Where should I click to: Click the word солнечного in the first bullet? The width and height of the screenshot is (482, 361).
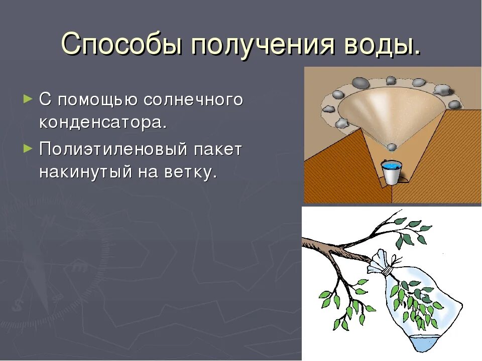point(193,100)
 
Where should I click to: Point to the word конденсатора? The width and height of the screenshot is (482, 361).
point(103,122)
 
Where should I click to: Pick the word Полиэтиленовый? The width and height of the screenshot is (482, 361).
point(113,149)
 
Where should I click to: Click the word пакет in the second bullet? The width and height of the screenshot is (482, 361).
point(218,149)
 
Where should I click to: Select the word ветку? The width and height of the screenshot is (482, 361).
point(191,172)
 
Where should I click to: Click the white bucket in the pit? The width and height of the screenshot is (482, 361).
point(391,172)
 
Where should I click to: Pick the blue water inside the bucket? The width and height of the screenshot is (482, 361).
point(391,166)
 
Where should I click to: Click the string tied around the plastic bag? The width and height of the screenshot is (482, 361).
point(388,271)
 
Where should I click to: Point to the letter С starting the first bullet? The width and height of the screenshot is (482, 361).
point(45,100)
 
